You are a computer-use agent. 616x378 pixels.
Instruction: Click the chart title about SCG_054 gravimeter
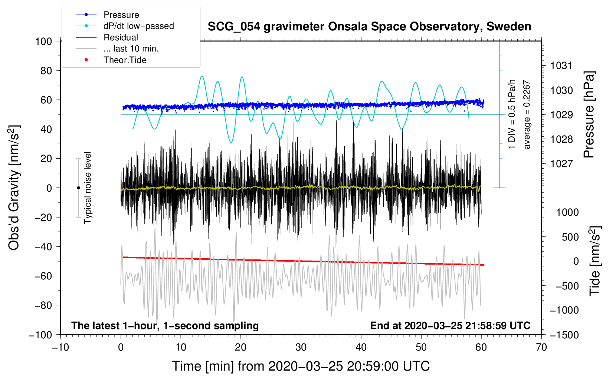pos(369,27)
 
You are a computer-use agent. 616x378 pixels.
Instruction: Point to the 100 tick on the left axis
pos(43,41)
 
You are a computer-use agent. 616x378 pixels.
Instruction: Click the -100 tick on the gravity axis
pos(40,335)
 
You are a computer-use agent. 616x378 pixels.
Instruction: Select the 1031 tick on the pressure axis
pos(561,66)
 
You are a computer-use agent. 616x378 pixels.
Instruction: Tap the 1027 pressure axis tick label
pos(561,163)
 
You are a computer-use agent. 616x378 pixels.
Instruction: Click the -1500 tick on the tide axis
pos(564,335)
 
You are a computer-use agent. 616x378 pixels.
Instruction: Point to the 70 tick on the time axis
pos(541,347)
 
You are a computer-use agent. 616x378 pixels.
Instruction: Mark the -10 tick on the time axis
pos(60,347)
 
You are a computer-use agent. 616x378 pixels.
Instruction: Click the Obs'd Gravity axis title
pos(14,188)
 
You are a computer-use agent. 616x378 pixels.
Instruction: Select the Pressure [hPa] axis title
pos(589,115)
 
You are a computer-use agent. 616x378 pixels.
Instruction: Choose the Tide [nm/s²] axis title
pos(595,261)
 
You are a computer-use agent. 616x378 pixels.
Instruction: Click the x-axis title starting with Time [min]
pos(301,366)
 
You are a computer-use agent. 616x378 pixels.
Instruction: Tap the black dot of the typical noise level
pos(78,188)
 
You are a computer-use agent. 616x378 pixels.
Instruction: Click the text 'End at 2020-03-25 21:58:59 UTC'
pos(450,325)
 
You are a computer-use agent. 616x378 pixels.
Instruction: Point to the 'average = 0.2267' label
pos(527,115)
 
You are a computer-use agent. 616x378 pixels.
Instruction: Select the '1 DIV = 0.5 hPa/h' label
pos(512,114)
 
